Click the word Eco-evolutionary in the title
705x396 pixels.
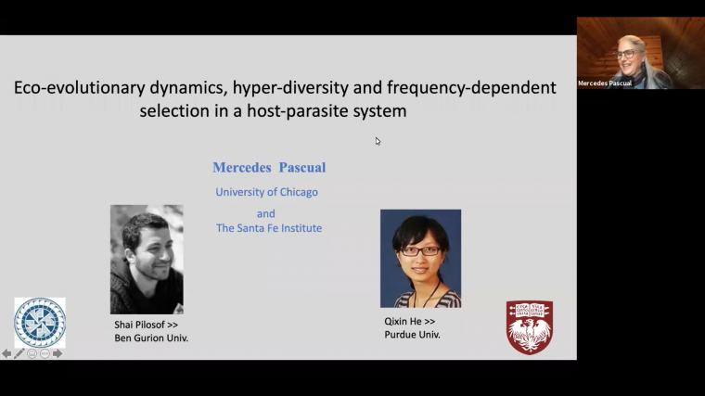pos(70,88)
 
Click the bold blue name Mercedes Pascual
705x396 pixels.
pos(269,168)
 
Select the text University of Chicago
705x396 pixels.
pos(266,192)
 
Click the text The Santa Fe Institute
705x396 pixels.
pos(269,228)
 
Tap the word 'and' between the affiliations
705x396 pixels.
pos(266,213)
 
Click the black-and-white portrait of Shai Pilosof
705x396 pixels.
pos(147,259)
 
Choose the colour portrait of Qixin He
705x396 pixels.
pos(420,258)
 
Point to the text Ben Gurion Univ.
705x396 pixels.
pos(151,339)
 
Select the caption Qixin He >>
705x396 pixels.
pos(409,321)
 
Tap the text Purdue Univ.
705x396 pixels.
pos(412,335)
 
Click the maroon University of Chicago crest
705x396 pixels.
pos(529,326)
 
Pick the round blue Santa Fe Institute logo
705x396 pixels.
pos(40,323)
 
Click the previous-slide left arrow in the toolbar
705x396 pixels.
pos(6,353)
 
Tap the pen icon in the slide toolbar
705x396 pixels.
pos(19,353)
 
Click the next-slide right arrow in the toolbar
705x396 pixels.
pos(58,353)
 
